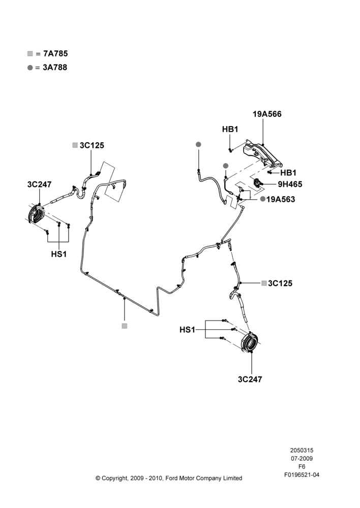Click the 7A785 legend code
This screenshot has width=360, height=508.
click(55, 53)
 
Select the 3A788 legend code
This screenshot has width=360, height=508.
click(55, 68)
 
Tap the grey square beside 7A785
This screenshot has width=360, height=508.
click(30, 54)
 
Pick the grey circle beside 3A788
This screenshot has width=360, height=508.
click(30, 68)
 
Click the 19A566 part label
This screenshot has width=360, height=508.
click(267, 114)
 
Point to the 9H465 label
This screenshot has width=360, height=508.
click(290, 184)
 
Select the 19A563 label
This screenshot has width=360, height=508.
click(281, 199)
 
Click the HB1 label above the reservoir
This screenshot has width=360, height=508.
click(230, 129)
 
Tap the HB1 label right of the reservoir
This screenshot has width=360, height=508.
click(288, 173)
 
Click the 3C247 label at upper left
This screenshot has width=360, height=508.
click(39, 184)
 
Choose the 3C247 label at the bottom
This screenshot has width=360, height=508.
click(250, 379)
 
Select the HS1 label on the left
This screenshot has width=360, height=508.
click(58, 255)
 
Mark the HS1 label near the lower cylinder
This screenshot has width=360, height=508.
click(188, 330)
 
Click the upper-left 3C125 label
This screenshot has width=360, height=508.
click(92, 145)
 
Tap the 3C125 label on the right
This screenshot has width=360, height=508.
click(280, 283)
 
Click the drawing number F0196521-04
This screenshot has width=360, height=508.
click(302, 475)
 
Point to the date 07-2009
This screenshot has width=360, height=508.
click(302, 458)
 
